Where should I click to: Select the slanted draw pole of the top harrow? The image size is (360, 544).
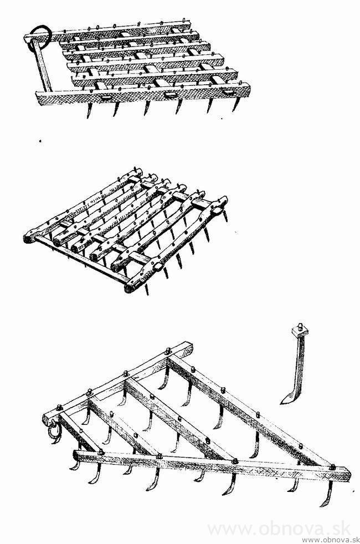[40, 66]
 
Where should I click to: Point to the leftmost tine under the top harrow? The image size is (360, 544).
[89, 110]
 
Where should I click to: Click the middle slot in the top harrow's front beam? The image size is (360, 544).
[170, 94]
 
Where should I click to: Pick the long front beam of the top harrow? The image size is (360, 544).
[143, 93]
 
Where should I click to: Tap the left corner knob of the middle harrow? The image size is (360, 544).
[28, 238]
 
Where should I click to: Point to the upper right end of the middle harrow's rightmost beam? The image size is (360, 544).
[222, 201]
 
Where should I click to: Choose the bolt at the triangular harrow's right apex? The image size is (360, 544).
[332, 467]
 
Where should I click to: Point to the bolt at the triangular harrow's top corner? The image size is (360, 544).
[168, 351]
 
